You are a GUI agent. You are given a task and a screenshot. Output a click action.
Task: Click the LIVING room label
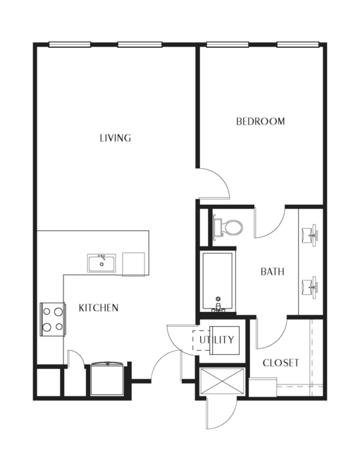pyautogui.click(x=116, y=138)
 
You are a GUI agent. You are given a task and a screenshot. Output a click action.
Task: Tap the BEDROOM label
pyautogui.click(x=261, y=121)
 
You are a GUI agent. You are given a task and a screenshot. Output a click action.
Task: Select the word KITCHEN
pyautogui.click(x=99, y=308)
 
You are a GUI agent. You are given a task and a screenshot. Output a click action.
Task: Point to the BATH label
pyautogui.click(x=273, y=272)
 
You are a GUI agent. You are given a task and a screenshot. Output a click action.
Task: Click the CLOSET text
pyautogui.click(x=281, y=363)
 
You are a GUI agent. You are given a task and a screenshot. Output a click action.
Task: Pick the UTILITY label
pyautogui.click(x=217, y=340)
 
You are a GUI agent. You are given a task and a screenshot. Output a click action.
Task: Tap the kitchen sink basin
pyautogui.click(x=101, y=263)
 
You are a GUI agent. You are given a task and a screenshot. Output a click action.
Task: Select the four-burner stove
pyautogui.click(x=53, y=319)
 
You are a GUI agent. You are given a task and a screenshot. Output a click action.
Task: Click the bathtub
pyautogui.click(x=218, y=282)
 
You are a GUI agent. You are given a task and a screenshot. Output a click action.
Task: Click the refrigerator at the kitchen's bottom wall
pyautogui.click(x=107, y=379)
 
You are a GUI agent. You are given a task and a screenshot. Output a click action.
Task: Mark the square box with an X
pyautogui.click(x=222, y=381)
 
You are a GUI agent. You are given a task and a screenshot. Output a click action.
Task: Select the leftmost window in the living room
pyautogui.click(x=70, y=44)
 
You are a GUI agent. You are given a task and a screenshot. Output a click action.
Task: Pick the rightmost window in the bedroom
pyautogui.click(x=298, y=44)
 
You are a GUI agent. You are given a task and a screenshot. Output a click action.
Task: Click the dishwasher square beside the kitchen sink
pyautogui.click(x=133, y=264)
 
